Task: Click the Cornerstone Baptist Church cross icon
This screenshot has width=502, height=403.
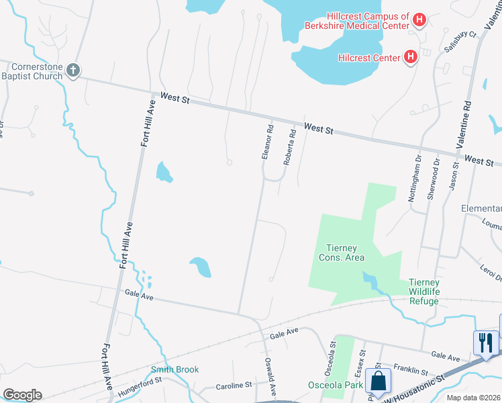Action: pyautogui.click(x=74, y=70)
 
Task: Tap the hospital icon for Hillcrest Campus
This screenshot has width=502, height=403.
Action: pyautogui.click(x=419, y=21)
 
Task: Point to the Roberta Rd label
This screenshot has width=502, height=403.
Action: pyautogui.click(x=290, y=148)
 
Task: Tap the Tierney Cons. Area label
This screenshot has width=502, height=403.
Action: pyautogui.click(x=341, y=253)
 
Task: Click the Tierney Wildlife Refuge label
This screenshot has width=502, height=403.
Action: pyautogui.click(x=434, y=292)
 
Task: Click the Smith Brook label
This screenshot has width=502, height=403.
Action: pyautogui.click(x=174, y=369)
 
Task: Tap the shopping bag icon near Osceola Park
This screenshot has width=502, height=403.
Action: pyautogui.click(x=379, y=379)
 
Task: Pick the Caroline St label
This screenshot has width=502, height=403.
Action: pyautogui.click(x=234, y=386)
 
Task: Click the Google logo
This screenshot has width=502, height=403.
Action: pyautogui.click(x=22, y=395)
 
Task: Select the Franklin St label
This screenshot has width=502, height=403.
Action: pyautogui.click(x=410, y=371)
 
